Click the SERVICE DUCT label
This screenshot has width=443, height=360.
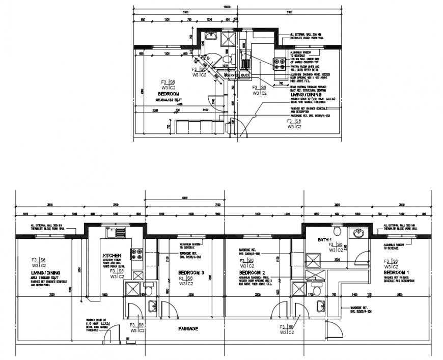click(x=237, y=75)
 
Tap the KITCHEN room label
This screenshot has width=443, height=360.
click(x=112, y=256)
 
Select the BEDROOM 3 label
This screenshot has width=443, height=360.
click(x=191, y=273)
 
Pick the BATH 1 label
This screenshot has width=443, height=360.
click(x=324, y=239)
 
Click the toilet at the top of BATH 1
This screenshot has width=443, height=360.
click(x=336, y=230)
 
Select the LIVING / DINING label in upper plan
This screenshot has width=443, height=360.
click(x=305, y=95)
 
